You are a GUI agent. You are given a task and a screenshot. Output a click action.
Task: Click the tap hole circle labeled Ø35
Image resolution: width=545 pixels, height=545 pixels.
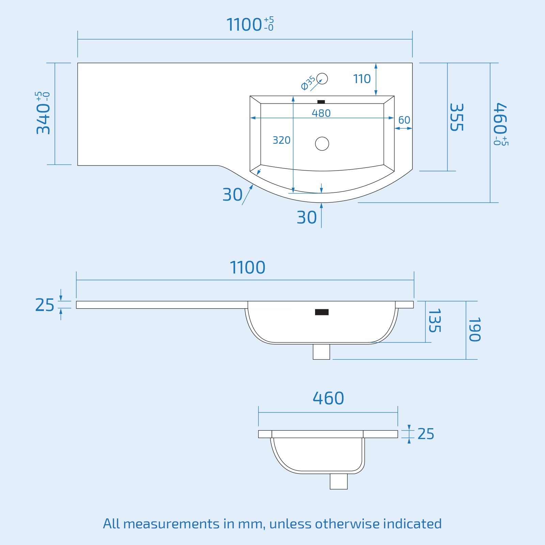click(x=322, y=79)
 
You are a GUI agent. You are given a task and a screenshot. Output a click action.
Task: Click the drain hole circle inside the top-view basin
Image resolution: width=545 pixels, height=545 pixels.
click(x=322, y=143)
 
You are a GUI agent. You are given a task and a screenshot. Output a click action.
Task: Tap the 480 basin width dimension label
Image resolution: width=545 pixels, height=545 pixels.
click(x=321, y=113)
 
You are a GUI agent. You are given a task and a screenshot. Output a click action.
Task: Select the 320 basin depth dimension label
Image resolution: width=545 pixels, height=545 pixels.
click(x=281, y=140)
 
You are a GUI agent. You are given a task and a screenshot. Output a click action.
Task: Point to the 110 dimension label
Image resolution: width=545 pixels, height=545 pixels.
click(x=362, y=79)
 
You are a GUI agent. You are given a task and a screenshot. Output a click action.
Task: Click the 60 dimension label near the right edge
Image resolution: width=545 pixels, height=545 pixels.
click(x=404, y=120)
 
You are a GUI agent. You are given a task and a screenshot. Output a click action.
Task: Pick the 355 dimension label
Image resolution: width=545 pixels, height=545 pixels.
click(x=456, y=117)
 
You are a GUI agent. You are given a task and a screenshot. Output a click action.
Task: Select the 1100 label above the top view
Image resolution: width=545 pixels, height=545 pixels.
click(x=245, y=25)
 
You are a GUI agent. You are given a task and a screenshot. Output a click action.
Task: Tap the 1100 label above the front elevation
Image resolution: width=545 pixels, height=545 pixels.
click(x=248, y=267)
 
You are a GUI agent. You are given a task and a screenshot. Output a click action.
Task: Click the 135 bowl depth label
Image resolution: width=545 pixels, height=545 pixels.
click(x=434, y=321)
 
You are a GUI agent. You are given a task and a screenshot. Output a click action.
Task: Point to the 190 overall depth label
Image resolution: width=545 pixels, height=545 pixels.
click(x=474, y=329)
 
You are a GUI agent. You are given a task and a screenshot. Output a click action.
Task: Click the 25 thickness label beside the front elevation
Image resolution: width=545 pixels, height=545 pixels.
click(x=45, y=305)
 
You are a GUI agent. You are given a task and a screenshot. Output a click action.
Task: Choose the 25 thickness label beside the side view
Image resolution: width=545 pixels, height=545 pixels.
click(x=425, y=434)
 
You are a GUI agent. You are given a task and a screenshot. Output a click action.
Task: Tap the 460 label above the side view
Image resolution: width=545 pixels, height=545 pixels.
click(x=328, y=398)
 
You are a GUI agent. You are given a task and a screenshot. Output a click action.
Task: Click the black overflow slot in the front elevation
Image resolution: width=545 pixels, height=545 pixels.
click(x=322, y=312)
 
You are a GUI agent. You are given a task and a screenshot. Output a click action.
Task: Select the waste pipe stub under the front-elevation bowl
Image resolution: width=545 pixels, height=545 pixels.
click(x=321, y=352)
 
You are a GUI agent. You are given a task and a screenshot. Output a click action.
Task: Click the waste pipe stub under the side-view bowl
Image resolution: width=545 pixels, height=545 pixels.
click(x=339, y=481)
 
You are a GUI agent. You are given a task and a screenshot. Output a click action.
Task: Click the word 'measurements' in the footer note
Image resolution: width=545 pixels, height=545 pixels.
click(x=171, y=524)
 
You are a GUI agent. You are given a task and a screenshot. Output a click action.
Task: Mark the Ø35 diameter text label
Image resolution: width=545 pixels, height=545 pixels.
click(x=308, y=83)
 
